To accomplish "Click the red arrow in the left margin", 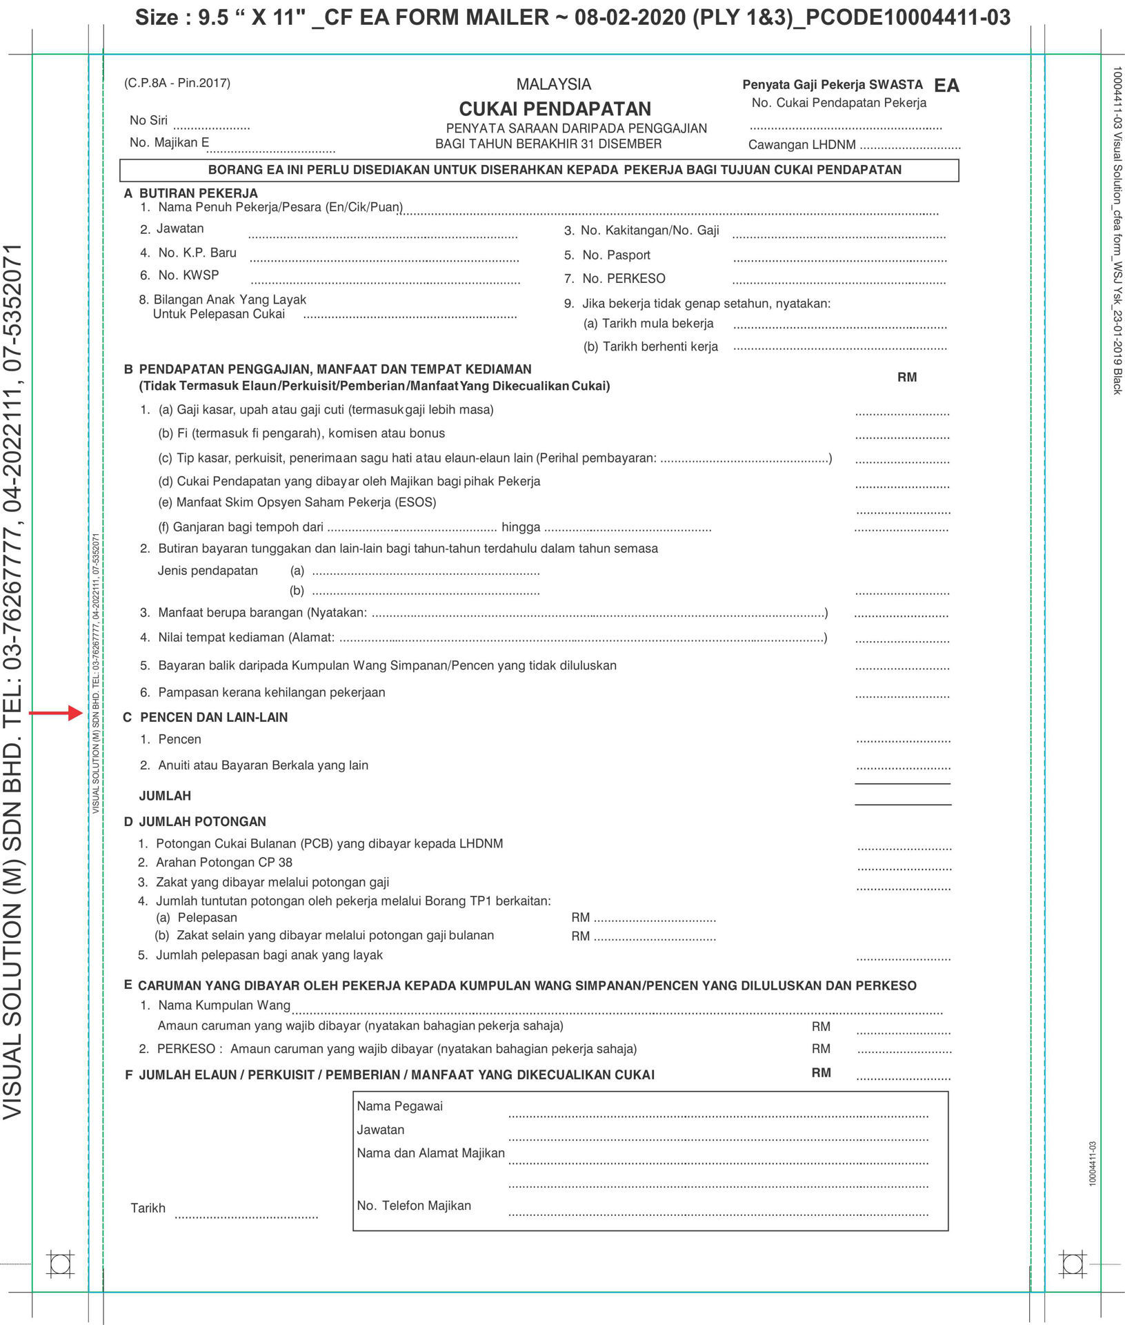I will coord(55,713).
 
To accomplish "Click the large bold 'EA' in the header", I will coord(946,86).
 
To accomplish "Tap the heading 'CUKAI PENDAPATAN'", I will coord(555,109).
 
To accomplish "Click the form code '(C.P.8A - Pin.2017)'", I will coord(177,84).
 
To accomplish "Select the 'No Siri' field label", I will coord(148,120).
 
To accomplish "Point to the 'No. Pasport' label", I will coord(615,255).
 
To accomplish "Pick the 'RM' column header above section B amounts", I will coord(906,377).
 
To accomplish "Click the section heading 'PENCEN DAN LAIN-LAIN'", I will coord(213,718).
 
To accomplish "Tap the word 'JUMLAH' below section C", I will coord(165,796).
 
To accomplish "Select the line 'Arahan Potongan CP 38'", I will coord(223,863).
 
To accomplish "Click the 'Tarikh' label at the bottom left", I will coord(148,1208).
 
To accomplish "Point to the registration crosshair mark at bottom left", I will coord(60,1264).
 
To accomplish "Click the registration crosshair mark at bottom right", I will coord(1073,1264).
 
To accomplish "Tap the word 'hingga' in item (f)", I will coord(521,527).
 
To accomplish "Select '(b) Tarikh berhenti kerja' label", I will coord(650,347).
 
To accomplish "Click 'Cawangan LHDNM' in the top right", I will coord(802,145).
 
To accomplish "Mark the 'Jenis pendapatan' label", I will coord(208,571).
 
